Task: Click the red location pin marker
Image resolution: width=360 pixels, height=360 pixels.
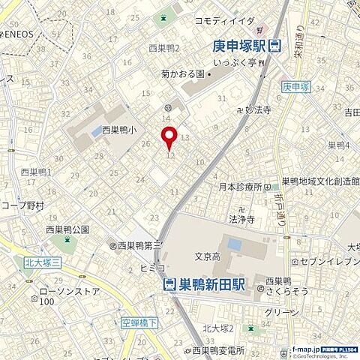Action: point(169,137)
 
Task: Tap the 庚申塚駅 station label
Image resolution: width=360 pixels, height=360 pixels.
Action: point(239,46)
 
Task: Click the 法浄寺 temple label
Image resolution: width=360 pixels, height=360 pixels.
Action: point(241,220)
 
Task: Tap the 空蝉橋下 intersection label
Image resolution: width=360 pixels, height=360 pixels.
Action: point(139,323)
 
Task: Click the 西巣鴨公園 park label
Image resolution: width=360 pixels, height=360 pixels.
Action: point(67,229)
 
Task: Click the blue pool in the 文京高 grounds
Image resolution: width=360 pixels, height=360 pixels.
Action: point(234,244)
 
